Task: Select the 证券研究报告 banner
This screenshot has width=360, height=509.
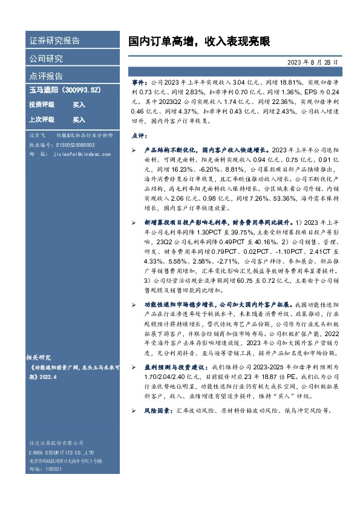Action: pyautogui.click(x=54, y=41)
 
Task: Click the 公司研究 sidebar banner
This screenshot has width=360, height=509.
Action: pyautogui.click(x=46, y=59)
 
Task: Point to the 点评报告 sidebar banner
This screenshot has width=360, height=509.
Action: pyautogui.click(x=46, y=76)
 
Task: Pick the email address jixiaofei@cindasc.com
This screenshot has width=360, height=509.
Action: pyautogui.click(x=79, y=154)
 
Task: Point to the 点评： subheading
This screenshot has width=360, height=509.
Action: pyautogui.click(x=140, y=136)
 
